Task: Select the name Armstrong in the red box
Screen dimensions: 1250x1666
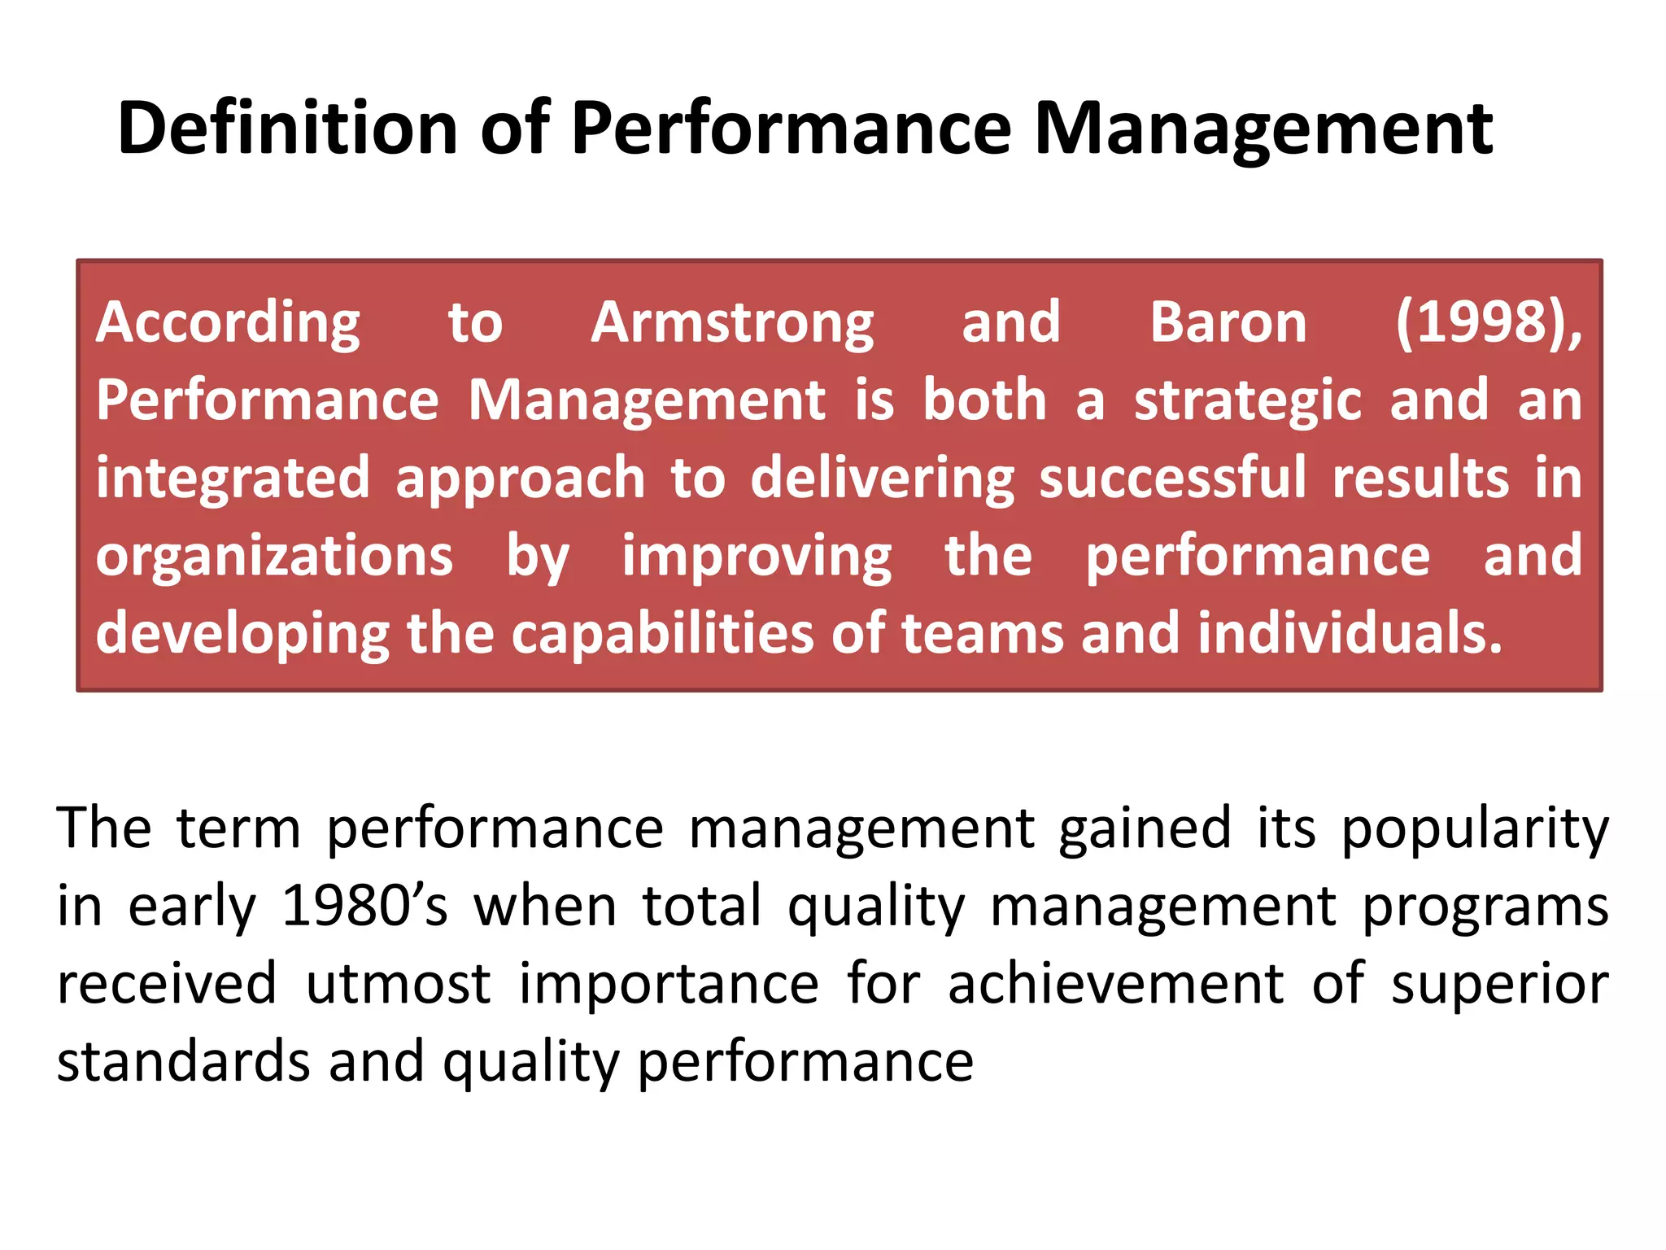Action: click(732, 324)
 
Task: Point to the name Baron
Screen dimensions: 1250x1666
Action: click(1228, 322)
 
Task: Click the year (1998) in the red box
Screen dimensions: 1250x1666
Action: click(1488, 322)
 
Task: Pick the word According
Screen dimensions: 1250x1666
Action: click(228, 324)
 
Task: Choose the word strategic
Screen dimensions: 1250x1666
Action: click(1248, 401)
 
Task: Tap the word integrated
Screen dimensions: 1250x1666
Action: click(233, 479)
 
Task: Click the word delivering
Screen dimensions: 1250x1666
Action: click(882, 479)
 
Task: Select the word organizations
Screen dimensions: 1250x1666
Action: click(274, 557)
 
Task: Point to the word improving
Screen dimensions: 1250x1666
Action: click(757, 557)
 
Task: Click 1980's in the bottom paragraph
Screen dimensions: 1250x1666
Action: click(364, 906)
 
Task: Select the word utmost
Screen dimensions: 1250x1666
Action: click(398, 984)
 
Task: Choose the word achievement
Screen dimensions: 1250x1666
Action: click(1116, 984)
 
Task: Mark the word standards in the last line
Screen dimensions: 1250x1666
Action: click(184, 1061)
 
